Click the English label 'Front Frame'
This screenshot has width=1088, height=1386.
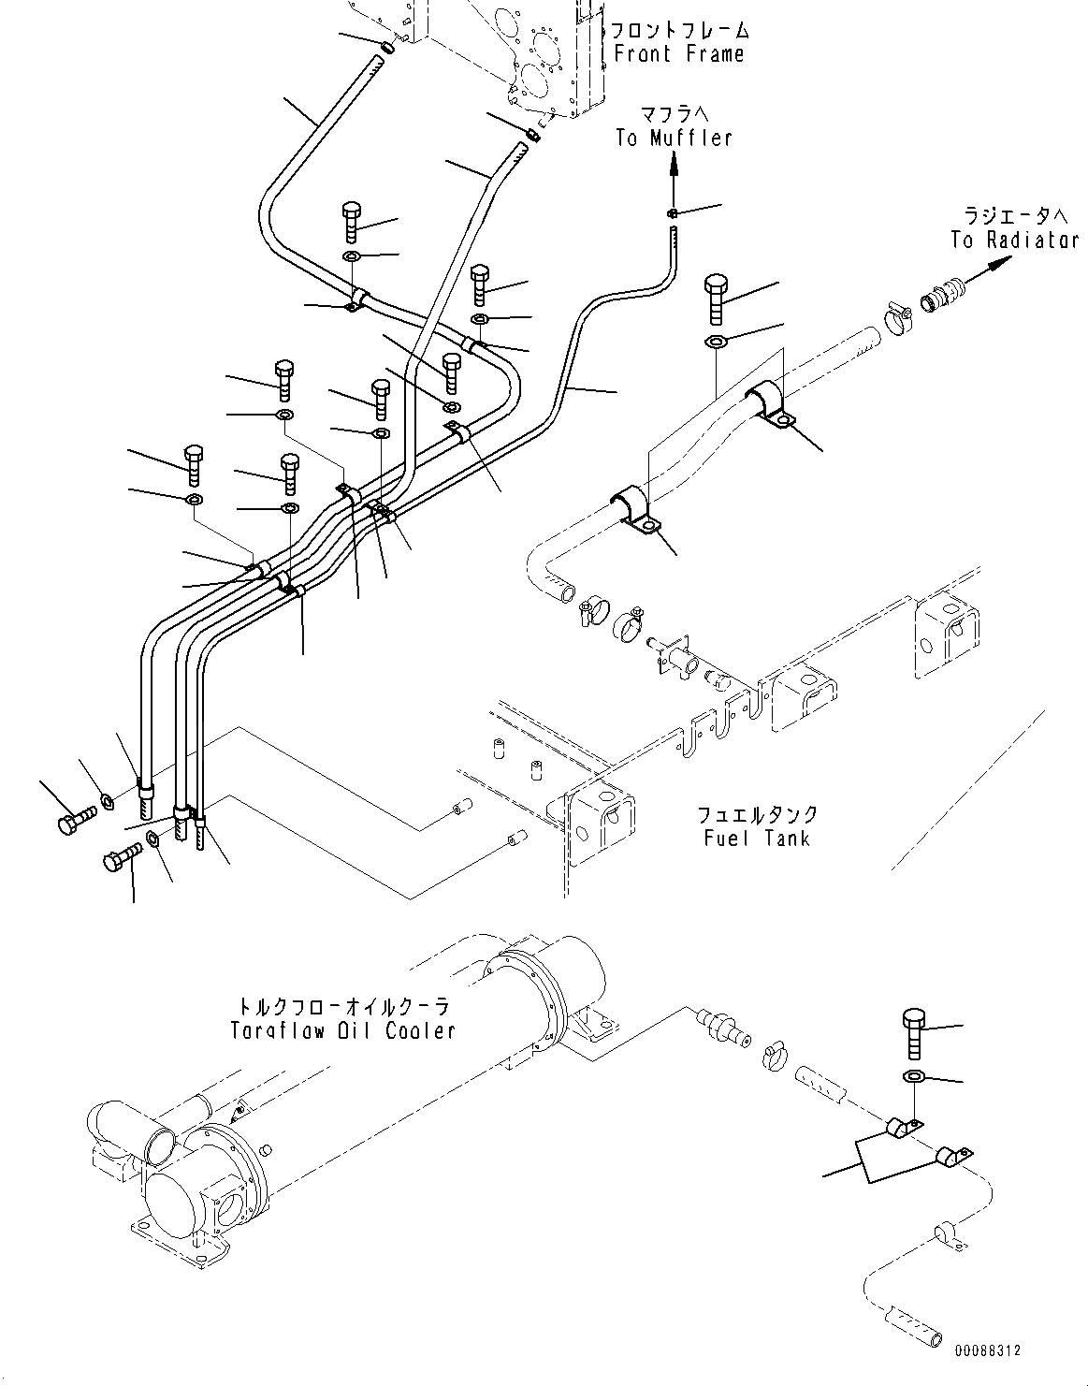click(679, 53)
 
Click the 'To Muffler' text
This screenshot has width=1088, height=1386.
click(673, 138)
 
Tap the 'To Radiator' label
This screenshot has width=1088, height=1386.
click(1014, 240)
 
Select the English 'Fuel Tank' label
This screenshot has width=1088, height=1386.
click(757, 837)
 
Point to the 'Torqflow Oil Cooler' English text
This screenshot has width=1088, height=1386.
click(342, 1030)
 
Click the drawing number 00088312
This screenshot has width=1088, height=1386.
click(988, 1351)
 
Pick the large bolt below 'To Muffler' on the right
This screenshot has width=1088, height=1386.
click(718, 297)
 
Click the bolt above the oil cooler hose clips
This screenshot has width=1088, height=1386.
click(914, 1033)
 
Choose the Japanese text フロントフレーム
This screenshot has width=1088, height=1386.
click(679, 29)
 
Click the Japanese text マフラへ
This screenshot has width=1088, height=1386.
click(674, 114)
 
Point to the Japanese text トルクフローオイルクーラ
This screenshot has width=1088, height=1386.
click(342, 1007)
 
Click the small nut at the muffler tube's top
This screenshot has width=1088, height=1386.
click(673, 215)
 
